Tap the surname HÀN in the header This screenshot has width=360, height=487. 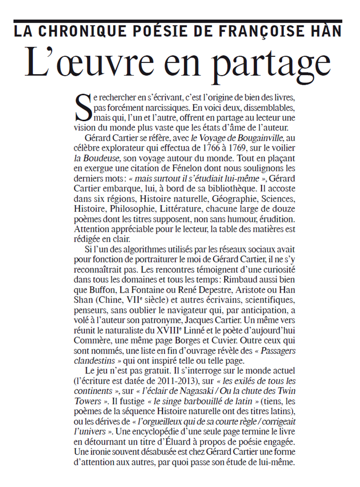(x=326, y=31)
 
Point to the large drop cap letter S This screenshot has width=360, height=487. (x=83, y=108)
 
